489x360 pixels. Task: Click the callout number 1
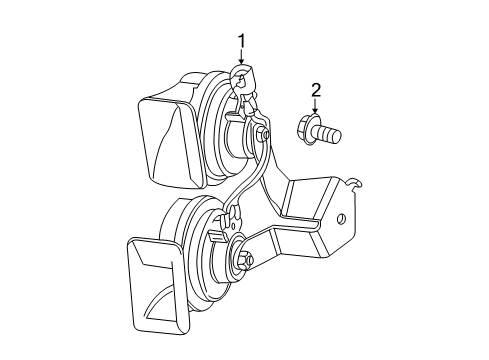point(241,41)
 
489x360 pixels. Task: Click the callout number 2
point(316,92)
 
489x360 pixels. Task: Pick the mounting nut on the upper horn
point(261,133)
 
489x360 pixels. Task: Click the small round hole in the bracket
point(341,221)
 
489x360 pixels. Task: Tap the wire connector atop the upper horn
point(243,78)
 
